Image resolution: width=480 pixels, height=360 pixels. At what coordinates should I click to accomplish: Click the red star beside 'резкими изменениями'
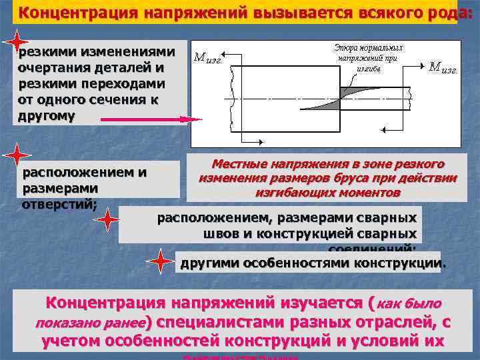15,41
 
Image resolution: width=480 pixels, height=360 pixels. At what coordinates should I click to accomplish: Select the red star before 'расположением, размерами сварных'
107,221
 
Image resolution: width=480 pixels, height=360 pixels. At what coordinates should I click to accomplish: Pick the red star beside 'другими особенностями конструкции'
160,261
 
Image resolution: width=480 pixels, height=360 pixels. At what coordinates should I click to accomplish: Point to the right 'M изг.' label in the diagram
443,67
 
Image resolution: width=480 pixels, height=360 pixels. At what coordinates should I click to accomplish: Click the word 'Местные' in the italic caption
237,164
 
